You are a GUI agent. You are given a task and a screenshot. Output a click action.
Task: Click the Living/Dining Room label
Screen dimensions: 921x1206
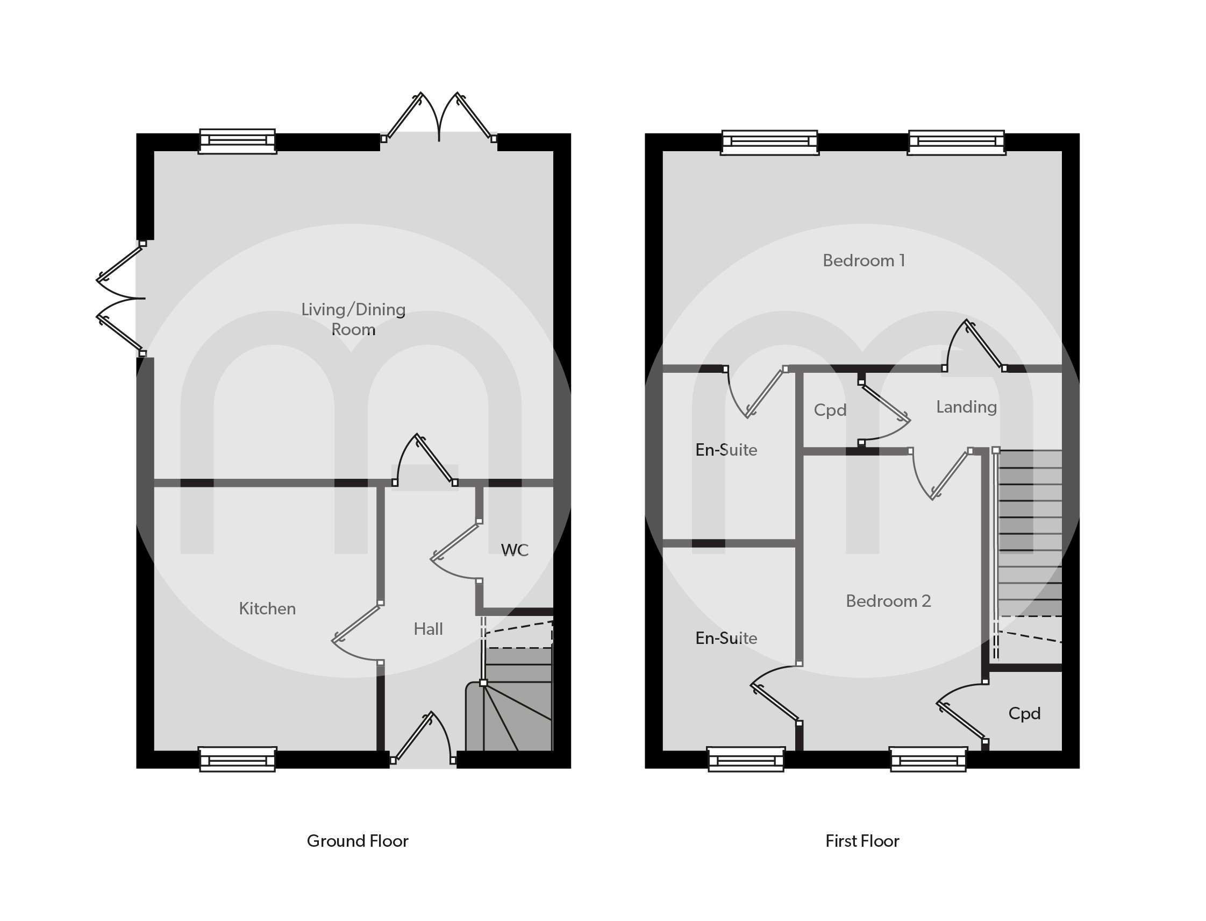(x=353, y=319)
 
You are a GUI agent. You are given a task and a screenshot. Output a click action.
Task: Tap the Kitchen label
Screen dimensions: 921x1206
(x=267, y=608)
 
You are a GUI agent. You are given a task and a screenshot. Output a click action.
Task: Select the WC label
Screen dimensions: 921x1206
(x=514, y=550)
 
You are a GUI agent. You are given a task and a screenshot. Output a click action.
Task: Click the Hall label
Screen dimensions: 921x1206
(x=428, y=629)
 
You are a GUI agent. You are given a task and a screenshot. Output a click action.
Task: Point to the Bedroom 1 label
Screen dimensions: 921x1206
(x=863, y=260)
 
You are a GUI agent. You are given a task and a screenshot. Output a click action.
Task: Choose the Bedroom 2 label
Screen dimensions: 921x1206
(x=888, y=601)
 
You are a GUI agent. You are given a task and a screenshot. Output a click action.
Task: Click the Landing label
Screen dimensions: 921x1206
(x=966, y=407)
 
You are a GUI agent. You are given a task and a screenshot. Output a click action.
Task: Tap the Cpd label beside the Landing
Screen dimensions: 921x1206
(x=830, y=410)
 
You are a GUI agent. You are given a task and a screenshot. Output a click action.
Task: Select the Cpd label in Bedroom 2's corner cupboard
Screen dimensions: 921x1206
(x=1024, y=713)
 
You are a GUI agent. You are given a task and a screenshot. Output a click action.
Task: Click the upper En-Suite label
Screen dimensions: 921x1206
(x=725, y=450)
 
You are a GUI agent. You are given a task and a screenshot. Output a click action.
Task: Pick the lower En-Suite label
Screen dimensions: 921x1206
(x=725, y=638)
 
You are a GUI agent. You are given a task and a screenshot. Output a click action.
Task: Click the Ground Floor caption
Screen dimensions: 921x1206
(x=357, y=841)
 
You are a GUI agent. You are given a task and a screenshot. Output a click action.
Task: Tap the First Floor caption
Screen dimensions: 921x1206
(x=862, y=841)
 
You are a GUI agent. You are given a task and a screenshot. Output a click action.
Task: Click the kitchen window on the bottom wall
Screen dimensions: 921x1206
(x=237, y=759)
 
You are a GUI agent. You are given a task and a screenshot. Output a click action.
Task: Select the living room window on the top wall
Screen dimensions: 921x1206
(x=237, y=141)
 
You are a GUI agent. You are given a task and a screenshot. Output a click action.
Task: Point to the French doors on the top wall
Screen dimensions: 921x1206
(x=438, y=118)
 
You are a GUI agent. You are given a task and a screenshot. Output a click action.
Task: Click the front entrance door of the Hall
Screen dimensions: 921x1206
(x=422, y=738)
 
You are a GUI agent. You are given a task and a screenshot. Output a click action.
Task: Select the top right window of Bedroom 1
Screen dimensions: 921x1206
(x=955, y=142)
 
